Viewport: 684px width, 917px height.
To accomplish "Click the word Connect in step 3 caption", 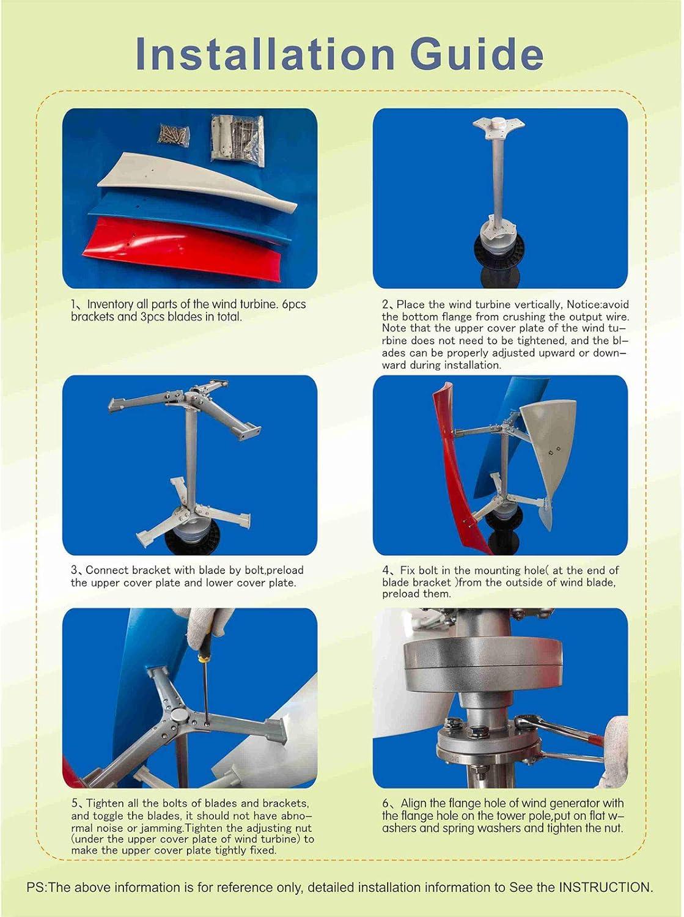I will click(107, 570).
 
